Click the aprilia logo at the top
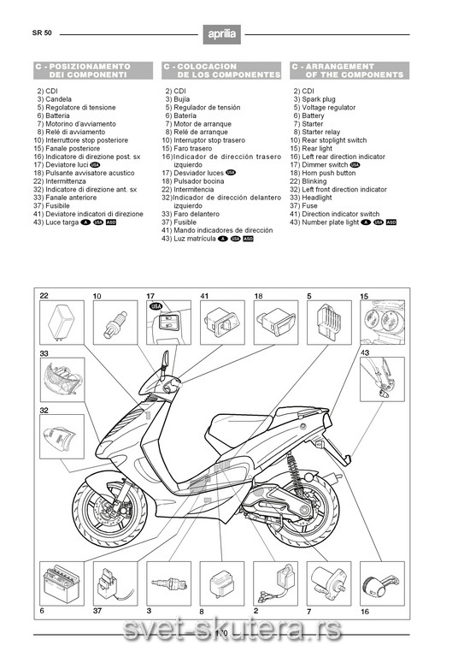click(222, 34)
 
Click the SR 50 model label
click(42, 33)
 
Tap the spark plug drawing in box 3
click(168, 583)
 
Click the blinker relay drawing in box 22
click(61, 322)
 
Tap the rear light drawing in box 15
click(383, 322)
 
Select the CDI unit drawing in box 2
click(275, 583)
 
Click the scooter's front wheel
click(109, 508)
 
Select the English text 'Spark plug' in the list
click(319, 99)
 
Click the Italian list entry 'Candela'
click(58, 99)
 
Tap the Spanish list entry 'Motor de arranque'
click(203, 124)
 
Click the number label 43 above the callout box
click(365, 352)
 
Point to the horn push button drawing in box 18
click(276, 322)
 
